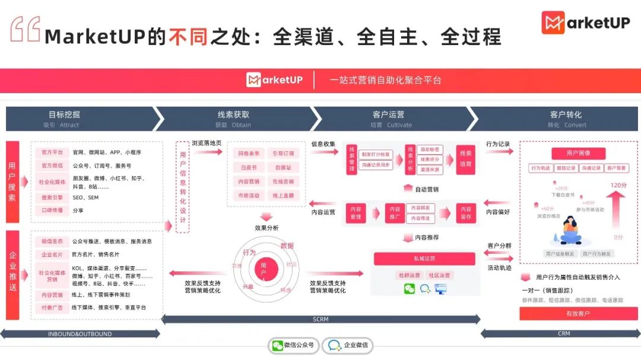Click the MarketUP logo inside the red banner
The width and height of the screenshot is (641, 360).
274,80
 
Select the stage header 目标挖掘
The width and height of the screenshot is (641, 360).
64,115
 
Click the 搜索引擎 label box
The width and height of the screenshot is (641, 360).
52,197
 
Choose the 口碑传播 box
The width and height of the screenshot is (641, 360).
52,211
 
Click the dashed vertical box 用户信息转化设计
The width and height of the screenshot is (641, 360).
183,187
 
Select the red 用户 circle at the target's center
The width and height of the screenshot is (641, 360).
264,269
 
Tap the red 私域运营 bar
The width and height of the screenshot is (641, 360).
424,259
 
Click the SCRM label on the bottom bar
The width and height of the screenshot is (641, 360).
320,320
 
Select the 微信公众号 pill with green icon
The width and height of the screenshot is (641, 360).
294,345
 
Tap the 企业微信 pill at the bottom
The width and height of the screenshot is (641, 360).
348,345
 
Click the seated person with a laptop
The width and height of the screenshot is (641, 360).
570,230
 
